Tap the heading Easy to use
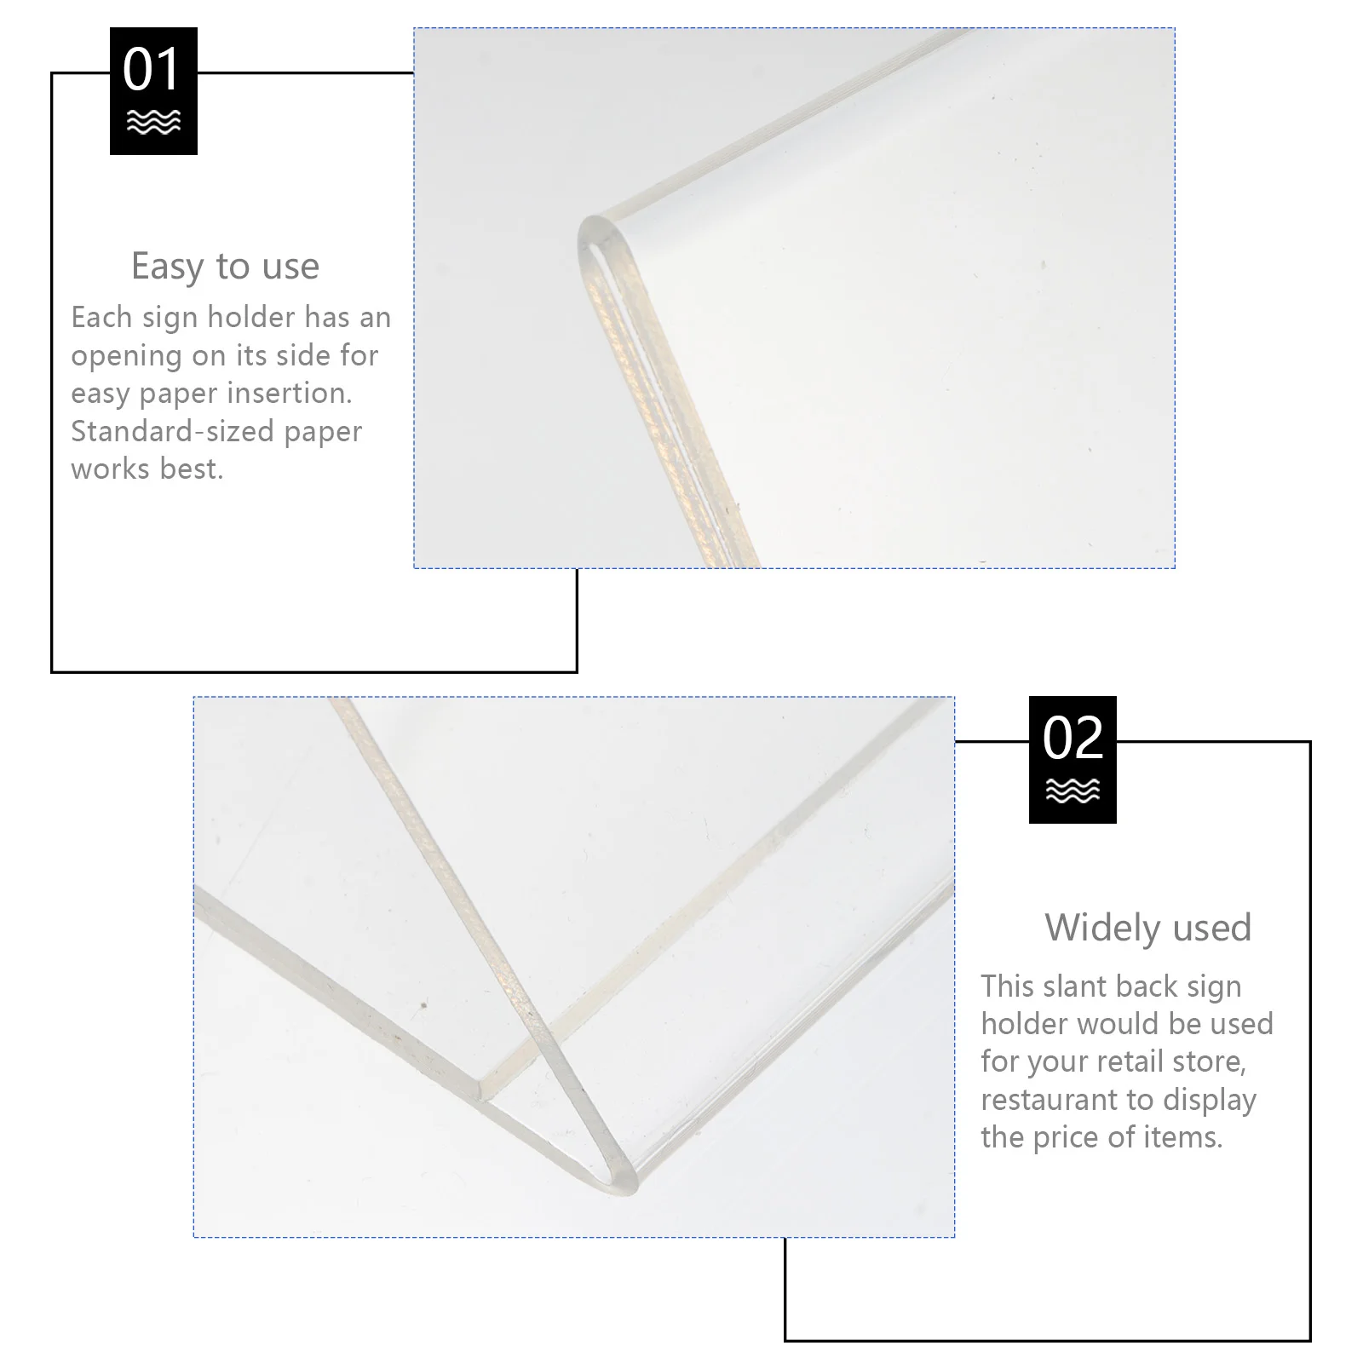(x=225, y=266)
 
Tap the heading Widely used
(x=1147, y=927)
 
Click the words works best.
(x=147, y=469)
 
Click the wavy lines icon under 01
(x=153, y=123)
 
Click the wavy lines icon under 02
(x=1073, y=791)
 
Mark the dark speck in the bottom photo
(x=423, y=1006)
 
